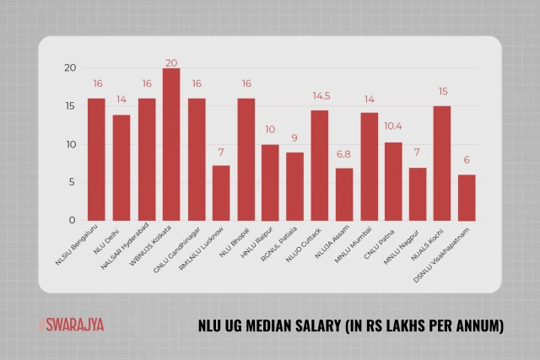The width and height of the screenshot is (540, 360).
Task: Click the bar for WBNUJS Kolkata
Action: coord(171,144)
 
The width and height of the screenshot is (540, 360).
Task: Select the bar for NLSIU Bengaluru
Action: coord(97,159)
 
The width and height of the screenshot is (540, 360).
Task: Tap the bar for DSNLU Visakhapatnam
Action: coord(467,197)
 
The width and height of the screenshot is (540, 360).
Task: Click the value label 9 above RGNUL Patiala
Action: coord(294,138)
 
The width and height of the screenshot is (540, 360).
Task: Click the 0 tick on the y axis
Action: coord(73,221)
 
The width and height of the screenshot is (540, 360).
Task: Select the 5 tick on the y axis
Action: coord(73,182)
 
